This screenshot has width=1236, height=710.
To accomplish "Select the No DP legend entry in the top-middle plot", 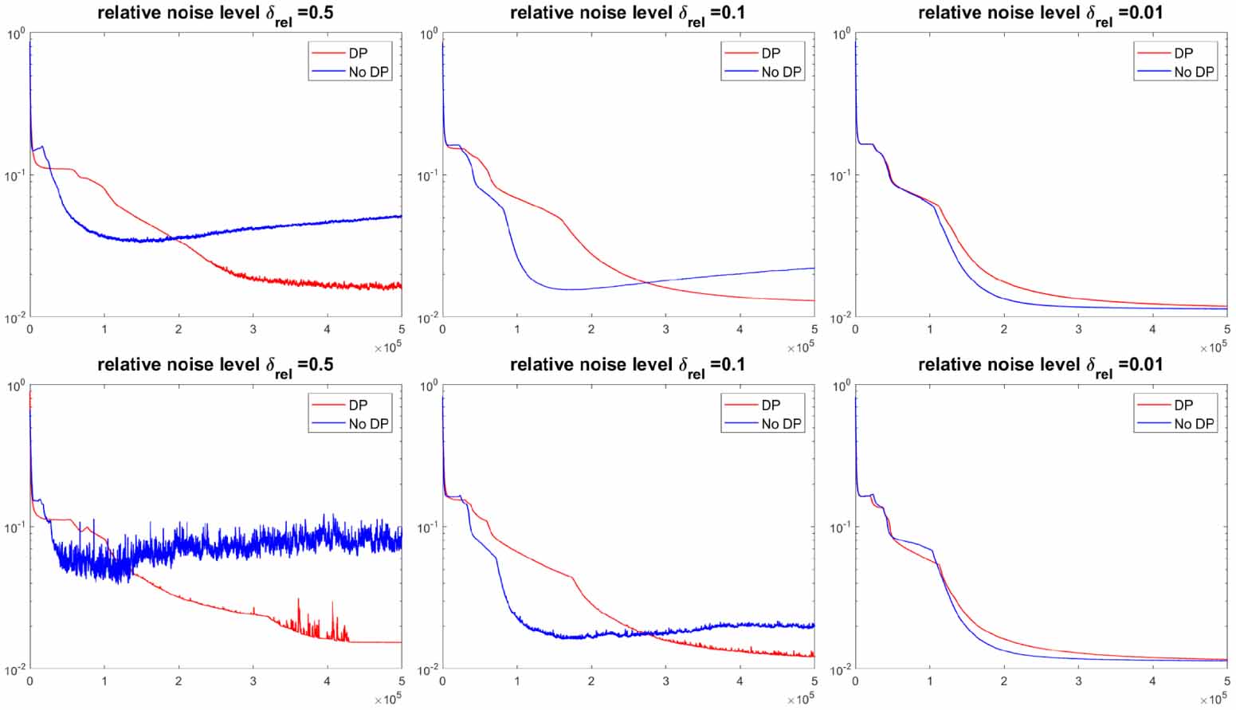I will tap(780, 72).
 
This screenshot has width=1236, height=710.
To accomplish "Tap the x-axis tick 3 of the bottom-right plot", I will tap(1078, 681).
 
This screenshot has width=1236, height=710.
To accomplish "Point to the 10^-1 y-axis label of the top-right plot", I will tap(840, 175).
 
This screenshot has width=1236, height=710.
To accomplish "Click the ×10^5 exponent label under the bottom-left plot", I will tap(388, 700).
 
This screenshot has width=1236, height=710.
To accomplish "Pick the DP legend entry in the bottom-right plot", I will tap(1183, 405).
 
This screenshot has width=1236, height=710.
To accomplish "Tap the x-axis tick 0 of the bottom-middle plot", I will tap(442, 681).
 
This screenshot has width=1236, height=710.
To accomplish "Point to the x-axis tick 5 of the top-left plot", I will tap(402, 329).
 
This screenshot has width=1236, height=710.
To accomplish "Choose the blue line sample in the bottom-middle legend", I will tap(740, 424).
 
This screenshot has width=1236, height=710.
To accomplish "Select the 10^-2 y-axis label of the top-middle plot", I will tap(427, 317).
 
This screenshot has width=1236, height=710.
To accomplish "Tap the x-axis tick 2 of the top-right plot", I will tap(1004, 329).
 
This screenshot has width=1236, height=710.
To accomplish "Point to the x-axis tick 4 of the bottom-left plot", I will tap(328, 681).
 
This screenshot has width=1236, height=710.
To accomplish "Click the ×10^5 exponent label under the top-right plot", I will tap(1214, 347).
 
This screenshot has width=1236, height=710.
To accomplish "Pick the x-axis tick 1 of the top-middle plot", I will tap(517, 329).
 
